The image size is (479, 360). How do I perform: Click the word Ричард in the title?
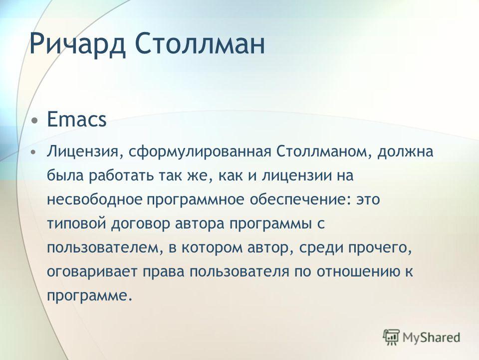(x=77, y=43)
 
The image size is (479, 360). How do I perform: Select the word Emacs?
(x=77, y=119)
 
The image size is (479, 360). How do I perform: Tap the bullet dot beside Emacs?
(x=35, y=119)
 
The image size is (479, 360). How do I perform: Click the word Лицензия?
(x=82, y=152)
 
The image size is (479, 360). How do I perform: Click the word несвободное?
(x=95, y=199)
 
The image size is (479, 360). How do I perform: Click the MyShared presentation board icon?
(x=391, y=337)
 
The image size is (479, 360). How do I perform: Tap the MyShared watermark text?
(x=431, y=337)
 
